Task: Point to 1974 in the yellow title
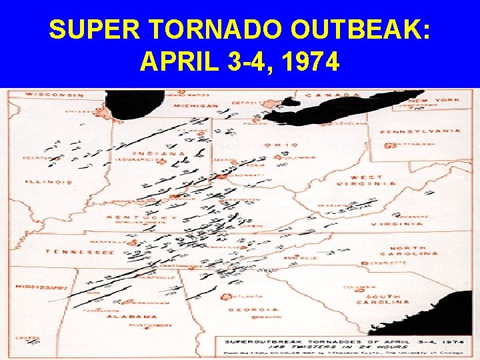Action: point(309,63)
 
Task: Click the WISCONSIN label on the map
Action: point(51,95)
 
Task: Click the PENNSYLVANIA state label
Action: point(420,131)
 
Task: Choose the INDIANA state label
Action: point(149,154)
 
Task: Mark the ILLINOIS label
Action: point(48,181)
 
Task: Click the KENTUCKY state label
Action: point(147,218)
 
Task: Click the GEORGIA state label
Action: point(253,310)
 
